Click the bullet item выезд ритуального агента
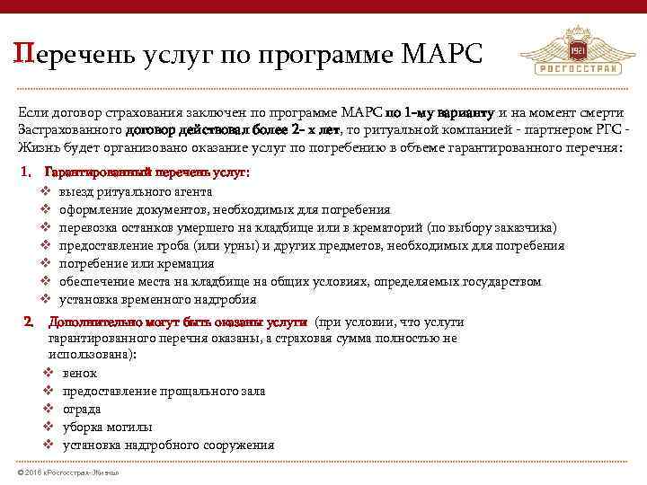tap(135, 191)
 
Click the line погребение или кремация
tap(136, 263)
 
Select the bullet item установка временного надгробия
tap(157, 299)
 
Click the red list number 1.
tap(25, 172)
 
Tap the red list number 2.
tap(27, 322)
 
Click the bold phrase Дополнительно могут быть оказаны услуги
tap(177, 322)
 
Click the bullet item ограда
tap(81, 409)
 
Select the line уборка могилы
tap(106, 427)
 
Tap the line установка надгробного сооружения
tap(168, 445)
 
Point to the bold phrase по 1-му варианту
tap(439, 113)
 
